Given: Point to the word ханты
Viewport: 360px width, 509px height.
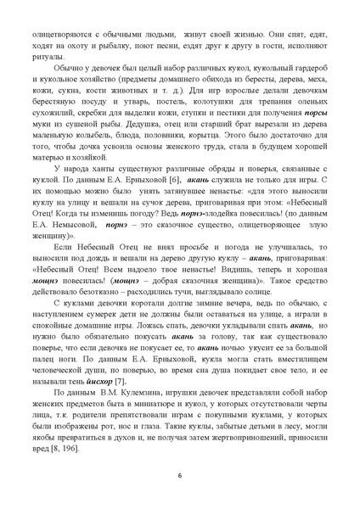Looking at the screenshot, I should click(x=106, y=169).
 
